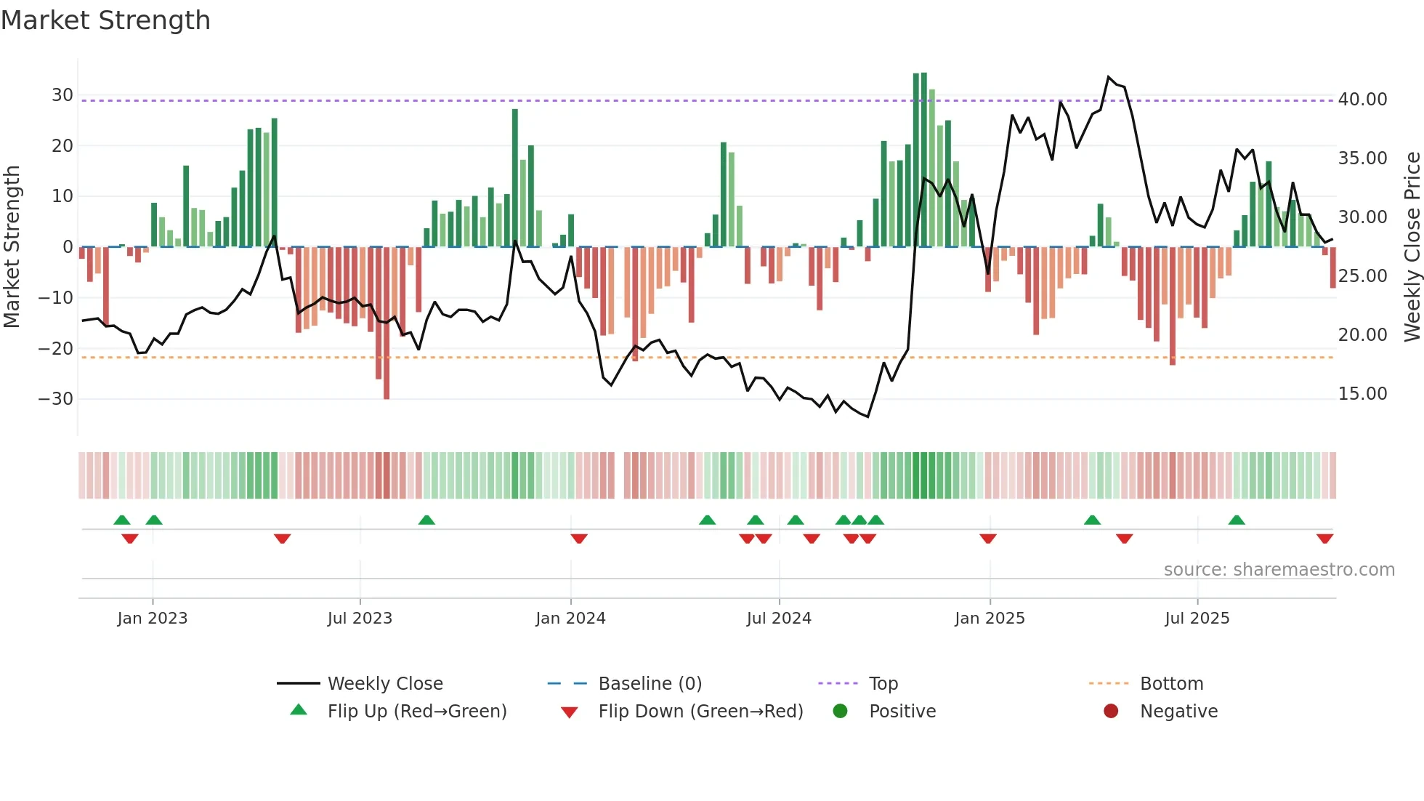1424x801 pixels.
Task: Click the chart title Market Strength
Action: pyautogui.click(x=105, y=20)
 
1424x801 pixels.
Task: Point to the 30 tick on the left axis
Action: pyautogui.click(x=62, y=95)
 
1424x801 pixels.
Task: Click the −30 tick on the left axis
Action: pyautogui.click(x=56, y=399)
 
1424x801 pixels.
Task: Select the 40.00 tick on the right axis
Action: pyautogui.click(x=1362, y=100)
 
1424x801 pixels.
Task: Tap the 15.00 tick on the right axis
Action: pyautogui.click(x=1362, y=394)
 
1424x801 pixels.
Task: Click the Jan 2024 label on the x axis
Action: pyautogui.click(x=570, y=619)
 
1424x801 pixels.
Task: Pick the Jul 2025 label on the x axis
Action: pyautogui.click(x=1197, y=619)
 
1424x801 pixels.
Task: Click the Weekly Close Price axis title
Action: pyautogui.click(x=1412, y=246)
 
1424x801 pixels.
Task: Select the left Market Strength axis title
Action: pyautogui.click(x=12, y=246)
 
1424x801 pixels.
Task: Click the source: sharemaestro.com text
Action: pyautogui.click(x=1279, y=570)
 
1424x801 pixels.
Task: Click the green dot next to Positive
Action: pyautogui.click(x=840, y=712)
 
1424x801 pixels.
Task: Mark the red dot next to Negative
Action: pyautogui.click(x=1111, y=712)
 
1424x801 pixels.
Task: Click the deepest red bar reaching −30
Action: pyautogui.click(x=387, y=323)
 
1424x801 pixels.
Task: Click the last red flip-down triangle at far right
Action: pyautogui.click(x=1324, y=539)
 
